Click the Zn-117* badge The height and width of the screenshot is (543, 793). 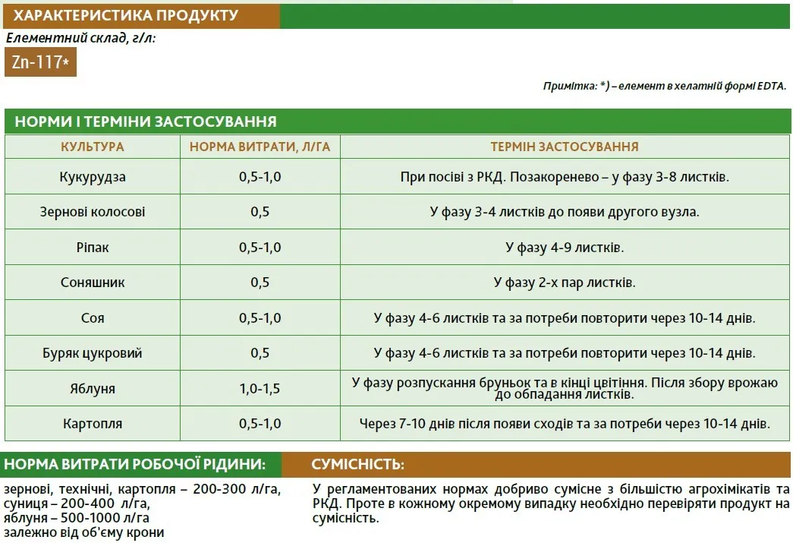(x=40, y=62)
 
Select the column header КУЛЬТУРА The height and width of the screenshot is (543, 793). (x=93, y=147)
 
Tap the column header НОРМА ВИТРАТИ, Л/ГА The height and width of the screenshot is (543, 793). (x=260, y=147)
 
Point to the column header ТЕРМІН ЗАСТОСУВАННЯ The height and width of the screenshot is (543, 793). (x=564, y=147)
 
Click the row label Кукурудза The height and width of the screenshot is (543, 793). (x=93, y=177)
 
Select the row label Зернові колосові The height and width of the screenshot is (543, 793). (x=93, y=212)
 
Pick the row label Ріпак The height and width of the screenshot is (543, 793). (x=93, y=248)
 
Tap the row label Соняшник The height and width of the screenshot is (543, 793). (x=93, y=283)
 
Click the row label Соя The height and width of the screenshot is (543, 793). (x=93, y=318)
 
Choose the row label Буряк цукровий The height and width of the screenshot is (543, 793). (x=93, y=353)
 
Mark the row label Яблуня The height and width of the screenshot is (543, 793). (x=93, y=388)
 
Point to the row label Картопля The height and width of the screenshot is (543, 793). (x=93, y=423)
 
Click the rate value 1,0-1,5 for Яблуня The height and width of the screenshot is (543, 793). (x=260, y=388)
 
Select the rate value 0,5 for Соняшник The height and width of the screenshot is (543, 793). (x=260, y=283)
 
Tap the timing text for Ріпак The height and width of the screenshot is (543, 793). (x=564, y=248)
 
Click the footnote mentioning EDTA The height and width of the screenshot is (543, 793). (x=664, y=86)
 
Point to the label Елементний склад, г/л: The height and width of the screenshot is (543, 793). (x=80, y=37)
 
